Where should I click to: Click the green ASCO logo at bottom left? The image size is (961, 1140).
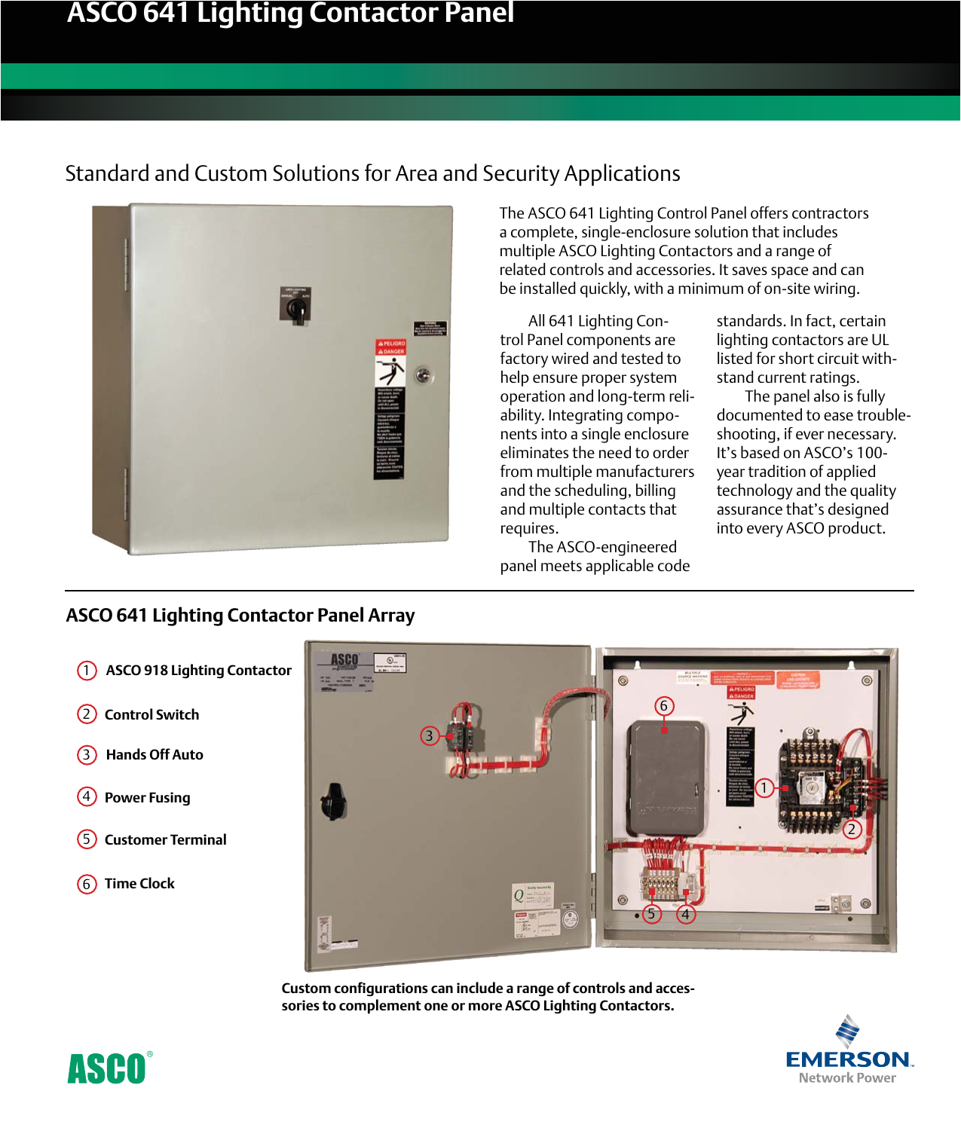[x=107, y=1068]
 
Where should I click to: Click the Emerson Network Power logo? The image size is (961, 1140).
[x=849, y=1051]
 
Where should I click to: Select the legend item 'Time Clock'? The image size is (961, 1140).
[x=139, y=884]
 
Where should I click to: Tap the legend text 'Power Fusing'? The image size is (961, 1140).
[x=147, y=798]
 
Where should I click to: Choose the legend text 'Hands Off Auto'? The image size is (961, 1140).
[x=155, y=755]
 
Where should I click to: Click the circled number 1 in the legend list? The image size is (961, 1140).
[x=87, y=671]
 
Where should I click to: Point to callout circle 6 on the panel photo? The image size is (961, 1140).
[x=663, y=706]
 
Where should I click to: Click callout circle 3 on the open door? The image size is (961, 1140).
[x=430, y=736]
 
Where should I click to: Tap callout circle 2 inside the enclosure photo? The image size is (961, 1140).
[x=852, y=830]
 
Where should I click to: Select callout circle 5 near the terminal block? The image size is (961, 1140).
[x=651, y=914]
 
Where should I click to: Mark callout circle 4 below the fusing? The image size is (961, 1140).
[x=685, y=914]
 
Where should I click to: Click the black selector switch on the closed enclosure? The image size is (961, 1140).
[x=295, y=309]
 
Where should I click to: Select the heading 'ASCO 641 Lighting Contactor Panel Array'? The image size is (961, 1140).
[x=240, y=616]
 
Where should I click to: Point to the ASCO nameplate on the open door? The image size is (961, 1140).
[x=344, y=661]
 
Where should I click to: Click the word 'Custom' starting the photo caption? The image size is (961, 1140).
[x=306, y=989]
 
